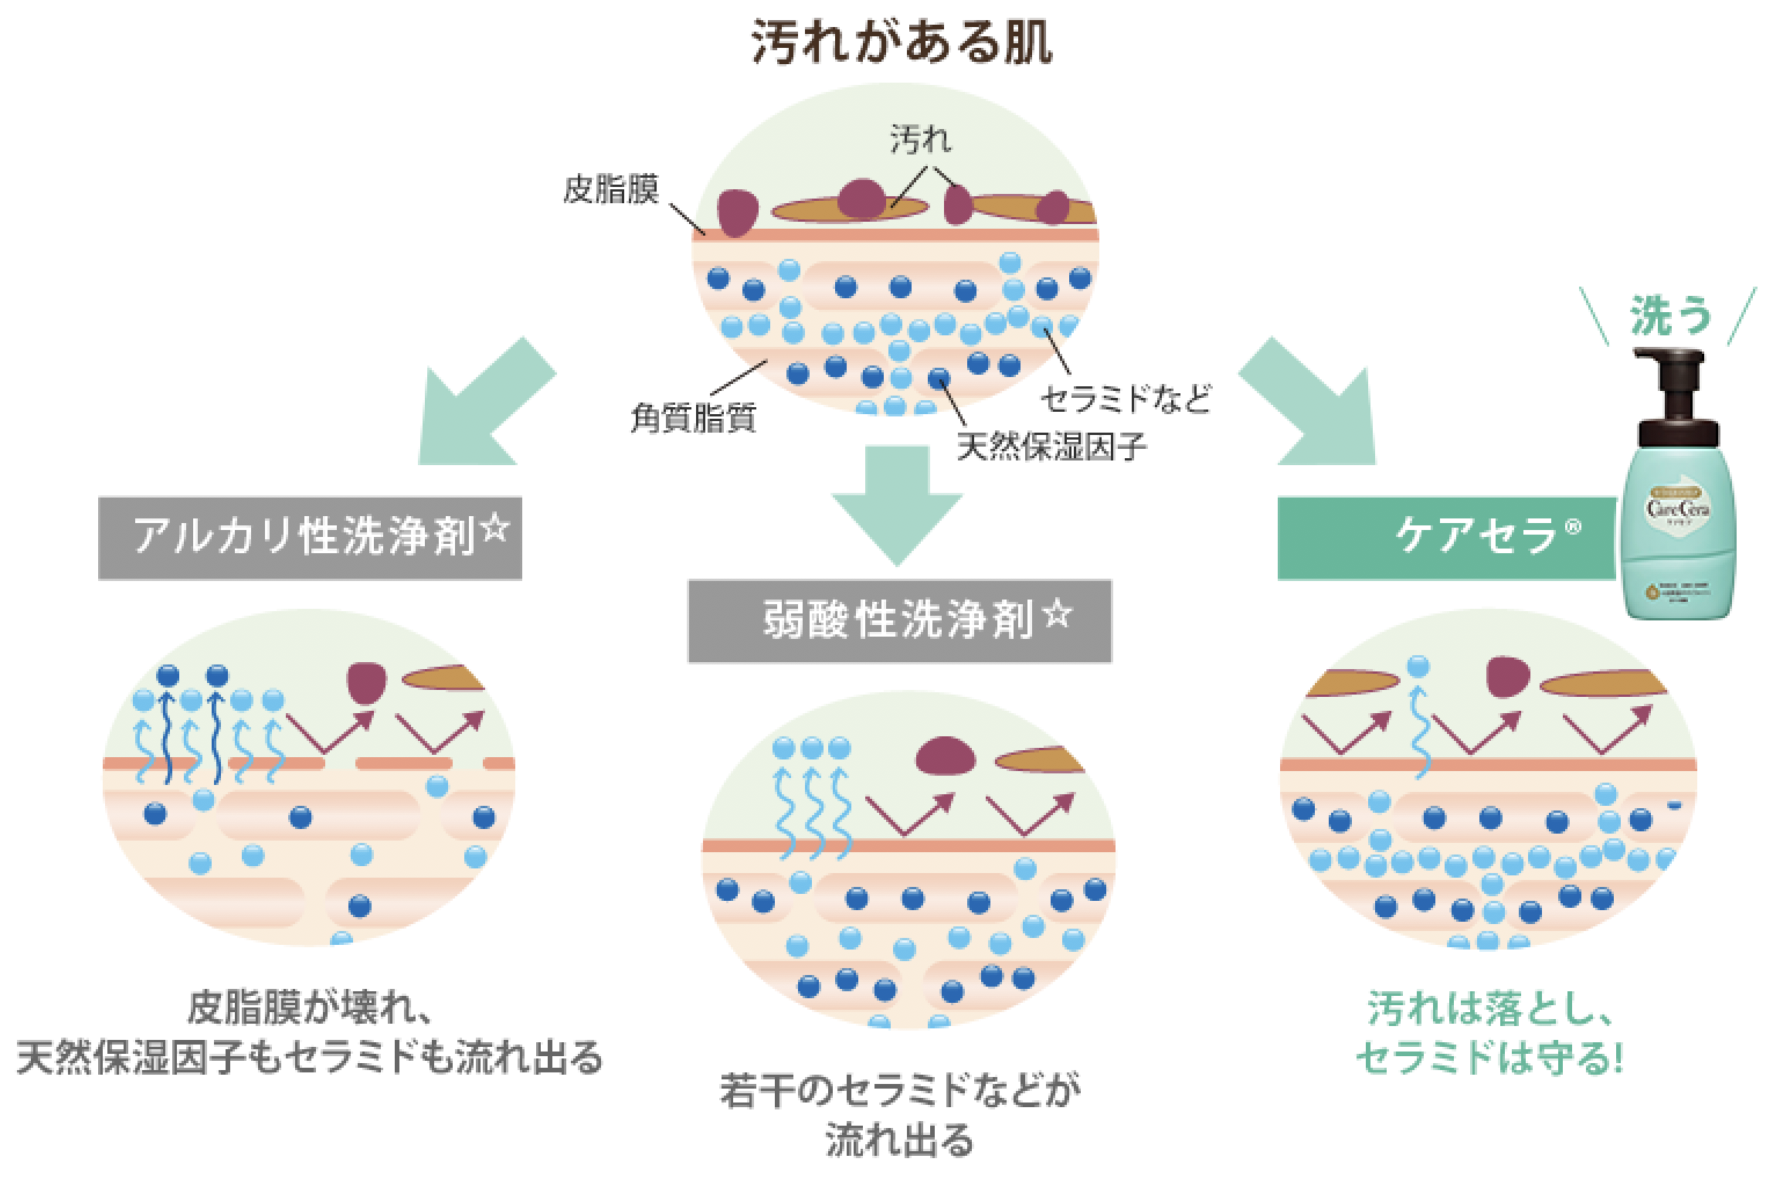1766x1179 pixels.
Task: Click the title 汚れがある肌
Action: [x=901, y=42]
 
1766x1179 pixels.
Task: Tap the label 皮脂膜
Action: [x=610, y=189]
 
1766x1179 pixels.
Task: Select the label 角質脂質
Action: [x=693, y=418]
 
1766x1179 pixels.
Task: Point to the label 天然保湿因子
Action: [x=1051, y=447]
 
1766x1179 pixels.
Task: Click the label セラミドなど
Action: [x=1126, y=399]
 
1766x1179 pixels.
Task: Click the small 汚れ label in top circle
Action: [x=920, y=140]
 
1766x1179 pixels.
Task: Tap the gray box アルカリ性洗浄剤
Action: [x=309, y=538]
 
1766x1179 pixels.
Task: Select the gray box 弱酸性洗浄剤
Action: [x=898, y=621]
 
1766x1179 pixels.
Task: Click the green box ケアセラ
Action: [x=1446, y=538]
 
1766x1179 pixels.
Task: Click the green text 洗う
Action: [x=1670, y=315]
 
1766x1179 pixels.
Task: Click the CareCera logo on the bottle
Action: [x=1677, y=508]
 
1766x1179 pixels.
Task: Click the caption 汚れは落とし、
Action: [x=1489, y=1008]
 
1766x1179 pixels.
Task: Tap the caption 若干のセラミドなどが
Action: [x=899, y=1090]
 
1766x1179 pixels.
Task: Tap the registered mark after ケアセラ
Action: [x=1573, y=527]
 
